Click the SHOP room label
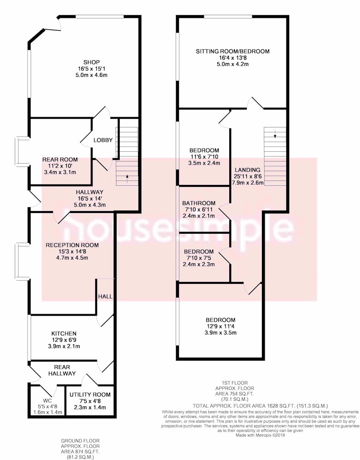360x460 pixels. pyautogui.click(x=92, y=62)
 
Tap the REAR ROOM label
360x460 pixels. pyautogui.click(x=60, y=160)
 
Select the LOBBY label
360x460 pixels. pyautogui.click(x=103, y=140)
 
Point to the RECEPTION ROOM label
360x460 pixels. pyautogui.click(x=72, y=245)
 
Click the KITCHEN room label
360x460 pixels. pyautogui.click(x=64, y=333)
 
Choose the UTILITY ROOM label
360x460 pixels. pyautogui.click(x=90, y=395)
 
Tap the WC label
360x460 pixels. pyautogui.click(x=47, y=401)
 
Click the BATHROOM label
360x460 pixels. pyautogui.click(x=199, y=203)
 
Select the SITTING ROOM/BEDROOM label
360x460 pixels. pyautogui.click(x=232, y=52)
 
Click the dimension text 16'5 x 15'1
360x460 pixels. pyautogui.click(x=92, y=69)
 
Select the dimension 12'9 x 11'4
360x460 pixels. pyautogui.click(x=221, y=326)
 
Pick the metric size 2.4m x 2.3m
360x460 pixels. pyautogui.click(x=199, y=264)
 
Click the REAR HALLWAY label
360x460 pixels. pyautogui.click(x=62, y=370)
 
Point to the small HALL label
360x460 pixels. pyautogui.click(x=105, y=296)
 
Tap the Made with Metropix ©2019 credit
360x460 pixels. pyautogui.click(x=260, y=435)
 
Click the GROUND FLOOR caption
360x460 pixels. pyautogui.click(x=80, y=441)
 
